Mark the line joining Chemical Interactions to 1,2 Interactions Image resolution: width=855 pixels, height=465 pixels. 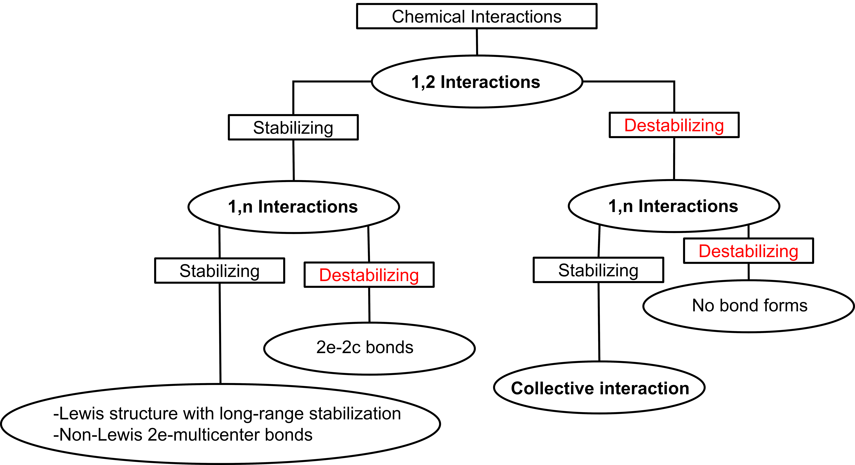pyautogui.click(x=477, y=42)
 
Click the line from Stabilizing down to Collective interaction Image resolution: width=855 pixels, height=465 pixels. pyautogui.click(x=599, y=322)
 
